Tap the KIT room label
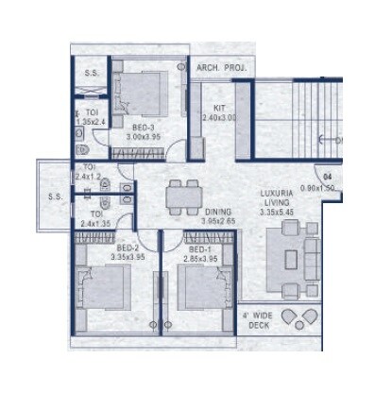tap(217, 108)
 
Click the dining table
tap(180, 197)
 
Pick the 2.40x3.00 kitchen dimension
tap(220, 118)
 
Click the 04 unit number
tap(328, 177)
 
